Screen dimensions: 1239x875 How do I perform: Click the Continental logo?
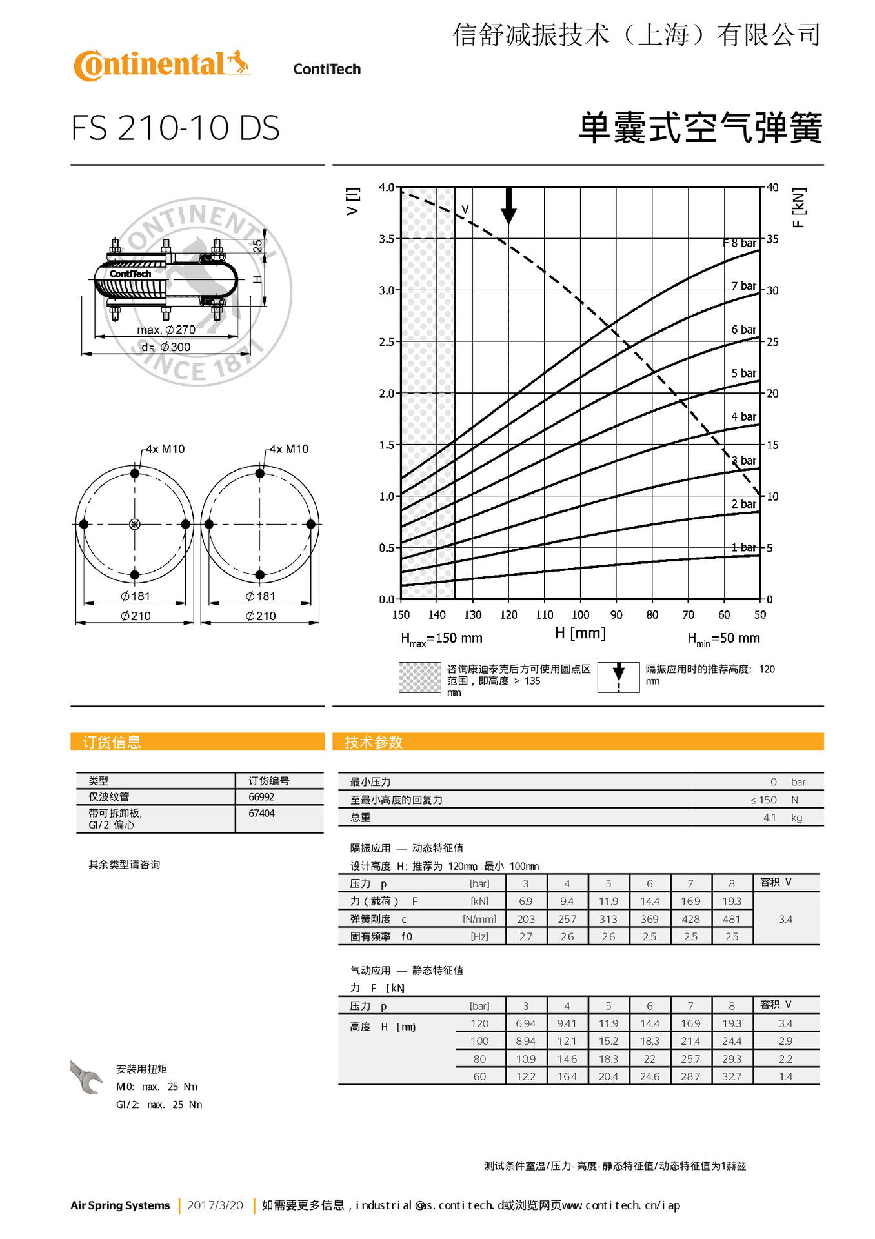click(x=161, y=65)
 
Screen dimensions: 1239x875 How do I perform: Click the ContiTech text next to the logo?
click(x=327, y=69)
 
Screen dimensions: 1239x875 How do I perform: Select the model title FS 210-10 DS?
click(x=175, y=128)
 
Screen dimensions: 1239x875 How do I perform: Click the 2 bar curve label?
click(x=743, y=504)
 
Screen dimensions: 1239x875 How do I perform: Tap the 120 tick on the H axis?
click(x=508, y=615)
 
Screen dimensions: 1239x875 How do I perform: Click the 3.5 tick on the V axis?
click(x=386, y=239)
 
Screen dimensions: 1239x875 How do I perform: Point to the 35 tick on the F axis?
click(x=772, y=239)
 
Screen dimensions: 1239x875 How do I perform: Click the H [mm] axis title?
click(x=579, y=633)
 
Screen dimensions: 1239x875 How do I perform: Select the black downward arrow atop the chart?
click(x=508, y=206)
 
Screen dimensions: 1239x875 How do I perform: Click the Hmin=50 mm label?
click(x=723, y=638)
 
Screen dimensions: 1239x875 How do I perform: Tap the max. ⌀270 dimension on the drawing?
click(x=166, y=330)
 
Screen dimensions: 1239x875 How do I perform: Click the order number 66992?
click(x=261, y=797)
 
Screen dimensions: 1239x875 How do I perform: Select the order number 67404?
click(x=261, y=813)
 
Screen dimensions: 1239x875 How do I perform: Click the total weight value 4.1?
click(x=769, y=818)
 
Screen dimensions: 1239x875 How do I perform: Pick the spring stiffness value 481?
click(x=731, y=919)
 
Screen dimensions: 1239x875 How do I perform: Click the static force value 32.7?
click(x=731, y=1076)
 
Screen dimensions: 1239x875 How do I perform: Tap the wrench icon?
click(x=86, y=1077)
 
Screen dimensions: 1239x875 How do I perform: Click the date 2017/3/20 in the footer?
click(x=215, y=1205)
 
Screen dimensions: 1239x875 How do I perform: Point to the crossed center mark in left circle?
click(x=135, y=524)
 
